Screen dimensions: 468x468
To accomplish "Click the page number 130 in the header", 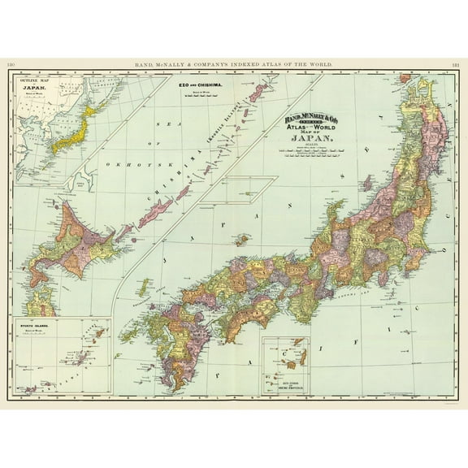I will point(11,64).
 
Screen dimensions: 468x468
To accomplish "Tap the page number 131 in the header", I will point(457,64).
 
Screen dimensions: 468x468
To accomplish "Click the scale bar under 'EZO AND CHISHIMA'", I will point(204,97).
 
